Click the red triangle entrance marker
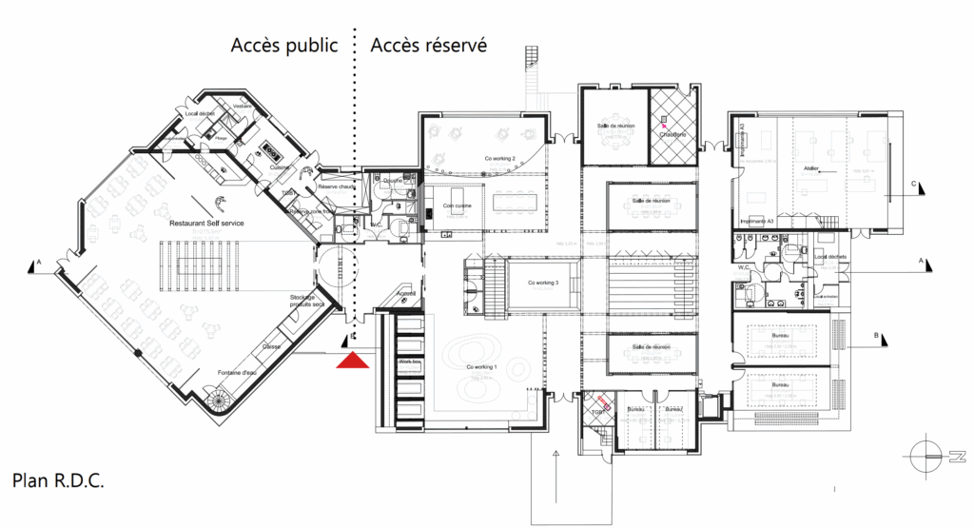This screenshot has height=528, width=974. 354,359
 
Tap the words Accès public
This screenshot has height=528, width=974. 284,46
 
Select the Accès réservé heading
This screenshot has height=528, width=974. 429,46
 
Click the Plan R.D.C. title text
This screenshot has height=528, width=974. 58,479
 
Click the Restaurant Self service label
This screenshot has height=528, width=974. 206,223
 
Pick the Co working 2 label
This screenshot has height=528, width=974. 500,158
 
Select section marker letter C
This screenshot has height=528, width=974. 913,183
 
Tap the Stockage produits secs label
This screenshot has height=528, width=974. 308,301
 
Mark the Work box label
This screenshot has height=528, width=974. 409,362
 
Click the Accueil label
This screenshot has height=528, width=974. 405,295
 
